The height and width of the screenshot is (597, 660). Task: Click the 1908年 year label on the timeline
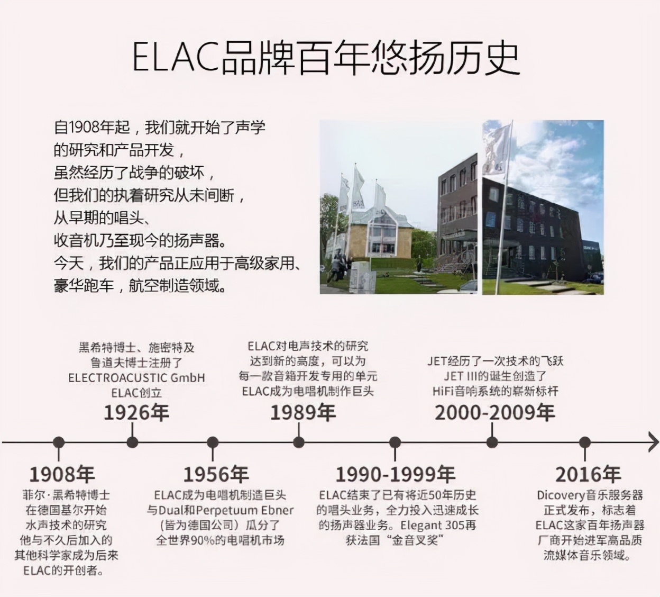coord(62,474)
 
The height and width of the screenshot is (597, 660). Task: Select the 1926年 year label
coord(136,412)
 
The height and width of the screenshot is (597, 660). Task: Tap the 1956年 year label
coord(216,474)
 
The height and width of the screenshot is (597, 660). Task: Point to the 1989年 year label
coord(303,412)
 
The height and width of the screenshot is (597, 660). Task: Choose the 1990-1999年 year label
coord(396,474)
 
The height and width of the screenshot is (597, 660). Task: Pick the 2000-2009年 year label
coord(495,412)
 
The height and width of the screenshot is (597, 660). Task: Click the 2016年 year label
coord(588,474)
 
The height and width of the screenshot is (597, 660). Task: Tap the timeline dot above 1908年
coord(59,442)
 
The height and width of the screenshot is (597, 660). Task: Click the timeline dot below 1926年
coord(132,442)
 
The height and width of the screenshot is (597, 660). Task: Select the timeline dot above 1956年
coord(213,442)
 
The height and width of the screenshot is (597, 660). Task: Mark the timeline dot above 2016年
coord(585,442)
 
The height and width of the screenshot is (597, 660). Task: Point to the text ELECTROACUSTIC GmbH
coord(136,378)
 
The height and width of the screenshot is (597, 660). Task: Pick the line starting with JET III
coord(495,376)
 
